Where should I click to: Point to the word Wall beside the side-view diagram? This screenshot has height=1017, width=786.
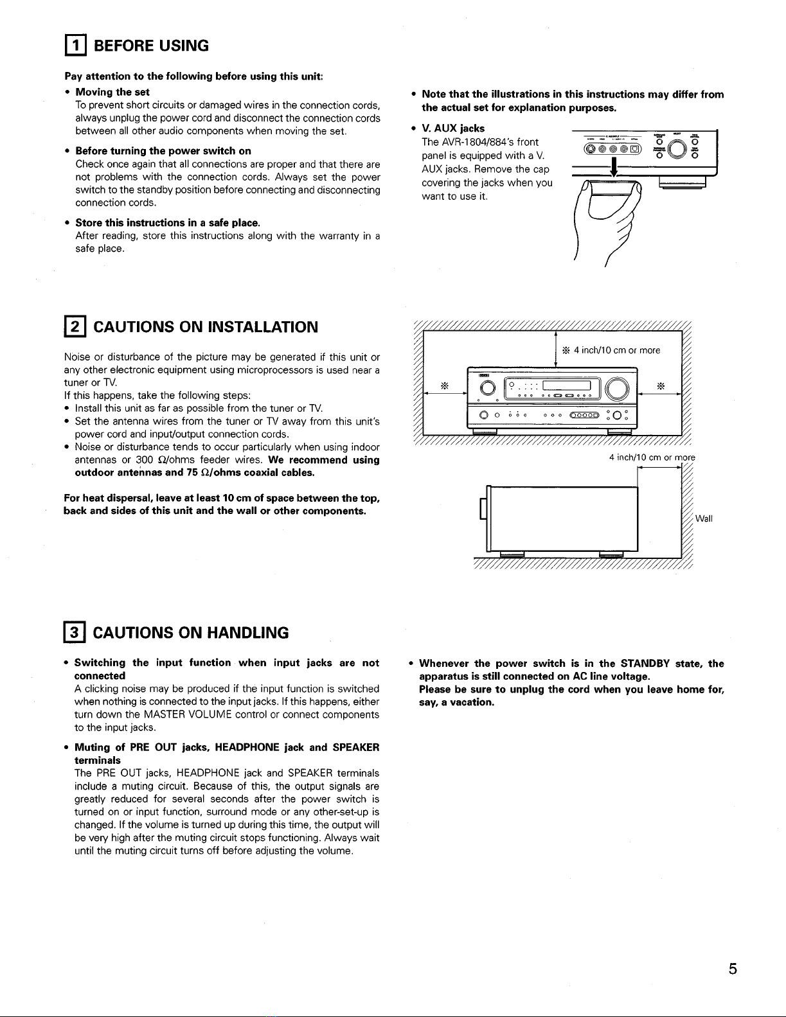tap(704, 518)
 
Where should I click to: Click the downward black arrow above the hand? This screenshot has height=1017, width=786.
tap(614, 168)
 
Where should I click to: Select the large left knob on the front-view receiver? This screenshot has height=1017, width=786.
tap(487, 388)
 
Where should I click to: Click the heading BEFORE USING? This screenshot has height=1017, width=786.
tap(151, 46)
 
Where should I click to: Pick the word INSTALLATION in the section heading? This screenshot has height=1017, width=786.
tap(263, 326)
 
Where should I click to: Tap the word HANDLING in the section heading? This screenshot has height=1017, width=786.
tap(247, 633)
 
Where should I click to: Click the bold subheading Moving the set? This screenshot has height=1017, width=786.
tap(112, 93)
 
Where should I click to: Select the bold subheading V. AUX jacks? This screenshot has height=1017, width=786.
tap(453, 128)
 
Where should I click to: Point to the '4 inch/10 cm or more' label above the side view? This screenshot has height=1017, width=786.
tap(652, 457)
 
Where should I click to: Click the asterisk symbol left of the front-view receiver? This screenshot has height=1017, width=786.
tap(445, 385)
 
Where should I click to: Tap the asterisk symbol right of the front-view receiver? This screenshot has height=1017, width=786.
tap(661, 385)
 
